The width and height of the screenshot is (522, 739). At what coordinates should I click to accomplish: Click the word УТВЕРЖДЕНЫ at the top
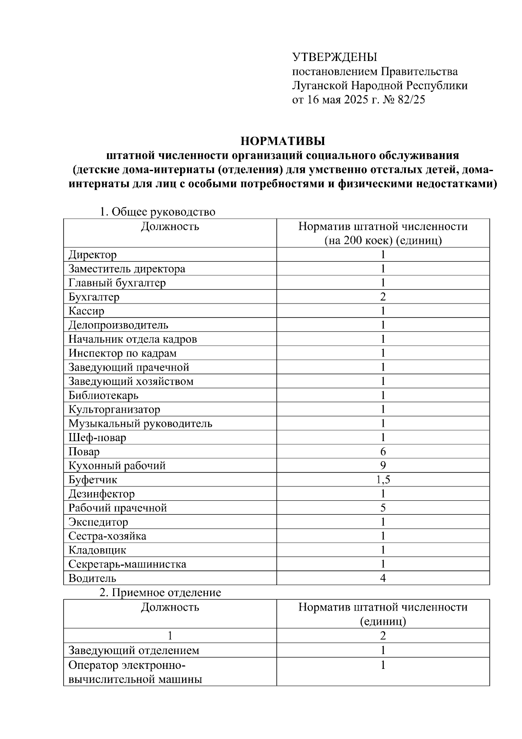point(335,57)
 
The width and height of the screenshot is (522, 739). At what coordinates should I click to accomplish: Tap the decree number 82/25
point(411,100)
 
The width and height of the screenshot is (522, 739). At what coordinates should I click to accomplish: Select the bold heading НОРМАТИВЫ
point(283,141)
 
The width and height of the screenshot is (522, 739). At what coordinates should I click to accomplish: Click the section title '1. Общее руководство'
point(157,212)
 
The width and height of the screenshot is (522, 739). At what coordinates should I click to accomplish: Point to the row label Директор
point(93,255)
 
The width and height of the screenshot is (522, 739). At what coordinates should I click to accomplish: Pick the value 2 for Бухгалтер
point(383,297)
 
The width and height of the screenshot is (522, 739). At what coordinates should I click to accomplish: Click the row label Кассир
point(87,311)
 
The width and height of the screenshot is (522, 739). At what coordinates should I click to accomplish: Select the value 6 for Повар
point(383,452)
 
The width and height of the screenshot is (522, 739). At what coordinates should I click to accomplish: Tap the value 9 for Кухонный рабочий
point(383,466)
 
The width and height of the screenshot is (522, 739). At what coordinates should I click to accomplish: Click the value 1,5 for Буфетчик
point(383,480)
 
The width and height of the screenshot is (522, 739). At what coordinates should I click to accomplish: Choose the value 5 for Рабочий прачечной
point(383,508)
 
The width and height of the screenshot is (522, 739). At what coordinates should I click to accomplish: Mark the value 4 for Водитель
point(383,578)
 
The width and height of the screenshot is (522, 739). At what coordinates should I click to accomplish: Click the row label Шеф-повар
point(97,438)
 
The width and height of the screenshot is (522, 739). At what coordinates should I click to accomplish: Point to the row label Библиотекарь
point(104,395)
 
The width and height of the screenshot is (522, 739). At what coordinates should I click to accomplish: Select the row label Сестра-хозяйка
point(107,536)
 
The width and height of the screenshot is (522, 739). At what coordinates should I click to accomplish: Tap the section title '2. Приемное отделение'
point(160,593)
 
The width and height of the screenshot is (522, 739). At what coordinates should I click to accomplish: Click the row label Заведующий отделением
point(134,651)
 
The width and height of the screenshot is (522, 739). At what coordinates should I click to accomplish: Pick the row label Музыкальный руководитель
point(141,423)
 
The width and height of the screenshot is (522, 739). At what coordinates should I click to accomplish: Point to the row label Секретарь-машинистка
point(127,564)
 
